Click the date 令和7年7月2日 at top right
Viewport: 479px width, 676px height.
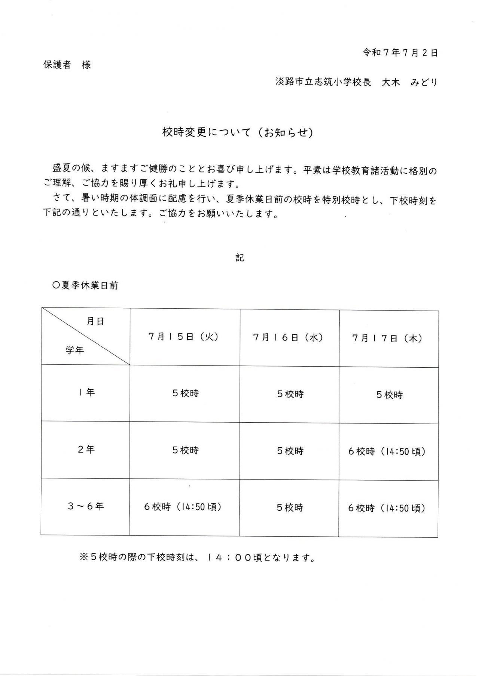pos(400,53)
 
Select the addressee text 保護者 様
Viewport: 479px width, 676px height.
pos(67,65)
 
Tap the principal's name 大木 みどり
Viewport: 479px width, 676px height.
pos(409,82)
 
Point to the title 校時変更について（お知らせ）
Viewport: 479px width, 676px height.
pos(238,132)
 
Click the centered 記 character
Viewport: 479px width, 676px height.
pos(240,257)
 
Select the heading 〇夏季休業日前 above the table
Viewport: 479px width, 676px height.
pos(86,285)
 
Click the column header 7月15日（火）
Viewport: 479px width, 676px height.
pos(183,336)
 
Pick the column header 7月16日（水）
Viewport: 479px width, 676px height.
pos(288,337)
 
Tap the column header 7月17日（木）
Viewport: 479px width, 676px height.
pos(387,338)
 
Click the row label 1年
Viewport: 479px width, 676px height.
pos(86,392)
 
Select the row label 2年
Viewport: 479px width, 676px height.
pos(86,449)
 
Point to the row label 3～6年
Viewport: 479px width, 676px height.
pos(86,506)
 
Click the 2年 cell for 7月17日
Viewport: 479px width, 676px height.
pos(387,451)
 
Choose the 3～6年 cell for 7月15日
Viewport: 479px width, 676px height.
pos(183,507)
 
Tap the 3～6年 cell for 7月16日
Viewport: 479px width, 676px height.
pos(290,507)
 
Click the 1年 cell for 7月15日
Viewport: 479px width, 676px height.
pos(186,393)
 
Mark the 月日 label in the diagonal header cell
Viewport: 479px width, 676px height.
pos(95,321)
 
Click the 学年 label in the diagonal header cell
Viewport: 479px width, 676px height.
pos(75,351)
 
